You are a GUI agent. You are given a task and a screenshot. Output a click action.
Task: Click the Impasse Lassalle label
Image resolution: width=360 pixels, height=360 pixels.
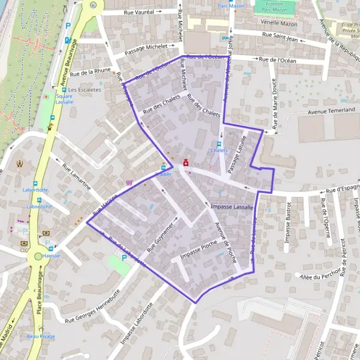233,206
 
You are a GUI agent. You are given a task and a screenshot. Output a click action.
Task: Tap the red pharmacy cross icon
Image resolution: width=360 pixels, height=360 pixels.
185,163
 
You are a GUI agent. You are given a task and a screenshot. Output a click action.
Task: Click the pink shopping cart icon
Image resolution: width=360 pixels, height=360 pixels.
129,182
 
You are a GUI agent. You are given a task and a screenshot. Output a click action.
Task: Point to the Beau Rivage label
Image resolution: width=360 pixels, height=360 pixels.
41,337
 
